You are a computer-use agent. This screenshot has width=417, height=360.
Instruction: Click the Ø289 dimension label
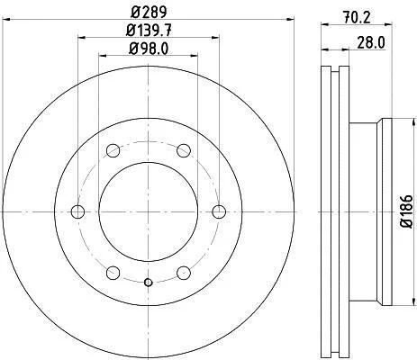149,12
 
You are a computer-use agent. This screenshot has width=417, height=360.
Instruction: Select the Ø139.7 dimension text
149,31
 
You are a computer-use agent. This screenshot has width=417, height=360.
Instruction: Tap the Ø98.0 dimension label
149,49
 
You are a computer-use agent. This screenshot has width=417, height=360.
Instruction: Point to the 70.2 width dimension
357,18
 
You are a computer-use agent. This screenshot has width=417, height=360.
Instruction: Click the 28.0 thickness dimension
371,42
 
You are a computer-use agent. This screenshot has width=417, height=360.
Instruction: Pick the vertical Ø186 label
407,211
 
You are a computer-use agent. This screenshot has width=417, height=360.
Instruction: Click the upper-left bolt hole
113,150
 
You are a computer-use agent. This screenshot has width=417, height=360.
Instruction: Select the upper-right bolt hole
184,150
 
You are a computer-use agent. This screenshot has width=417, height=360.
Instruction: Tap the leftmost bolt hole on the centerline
77,211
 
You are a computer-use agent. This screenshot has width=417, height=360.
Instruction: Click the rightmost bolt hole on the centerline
219,211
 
